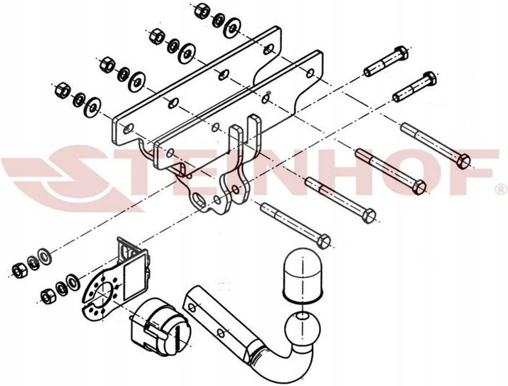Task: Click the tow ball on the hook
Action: [302, 329]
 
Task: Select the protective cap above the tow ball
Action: [303, 276]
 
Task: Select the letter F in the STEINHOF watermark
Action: [473, 172]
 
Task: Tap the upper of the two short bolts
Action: [386, 61]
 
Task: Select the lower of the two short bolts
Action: [414, 86]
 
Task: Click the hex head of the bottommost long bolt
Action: [324, 241]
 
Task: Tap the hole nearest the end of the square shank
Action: [192, 307]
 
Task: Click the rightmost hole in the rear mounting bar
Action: [268, 50]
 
